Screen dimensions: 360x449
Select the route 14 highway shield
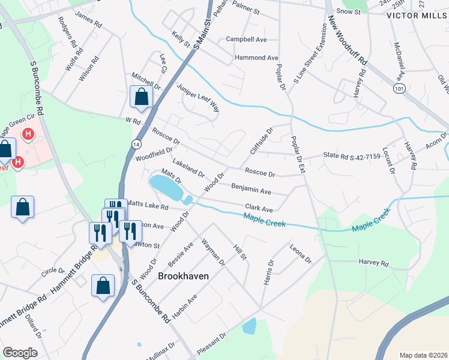click(136, 144)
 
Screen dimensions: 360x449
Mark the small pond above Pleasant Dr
click(249, 326)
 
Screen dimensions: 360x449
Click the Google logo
click(20, 352)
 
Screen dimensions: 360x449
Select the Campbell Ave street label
click(246, 39)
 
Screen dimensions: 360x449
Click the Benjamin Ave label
click(251, 190)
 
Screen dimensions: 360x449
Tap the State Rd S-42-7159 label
click(352, 155)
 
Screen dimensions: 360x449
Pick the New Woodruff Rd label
click(347, 41)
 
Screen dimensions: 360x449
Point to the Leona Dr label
click(300, 254)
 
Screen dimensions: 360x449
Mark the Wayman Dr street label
click(213, 253)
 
